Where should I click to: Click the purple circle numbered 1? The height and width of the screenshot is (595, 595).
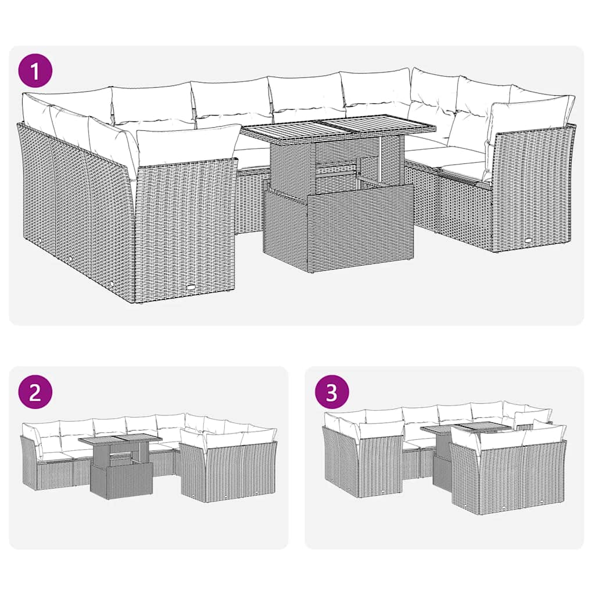coord(36,72)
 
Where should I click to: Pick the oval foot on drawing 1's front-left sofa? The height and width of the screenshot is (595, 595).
coord(191,286)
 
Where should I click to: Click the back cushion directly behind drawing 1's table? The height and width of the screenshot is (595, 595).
coord(308,96)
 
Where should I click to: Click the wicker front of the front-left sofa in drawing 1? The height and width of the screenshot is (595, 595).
coord(186,227)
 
